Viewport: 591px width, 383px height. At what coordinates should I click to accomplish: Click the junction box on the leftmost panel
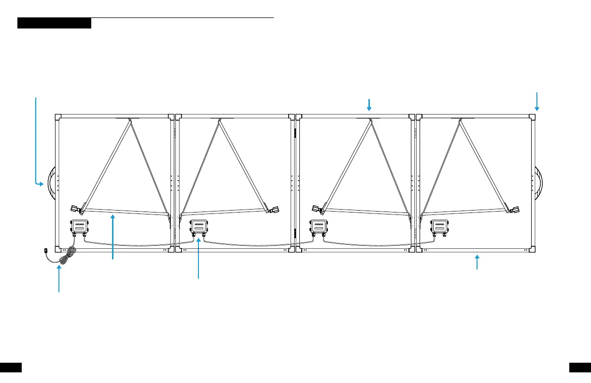79,226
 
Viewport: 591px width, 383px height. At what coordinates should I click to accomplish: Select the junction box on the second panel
198,226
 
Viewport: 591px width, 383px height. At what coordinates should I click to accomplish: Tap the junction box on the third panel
319,226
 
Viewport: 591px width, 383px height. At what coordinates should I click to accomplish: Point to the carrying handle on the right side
538,184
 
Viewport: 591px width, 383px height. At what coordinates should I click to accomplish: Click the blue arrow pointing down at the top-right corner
536,101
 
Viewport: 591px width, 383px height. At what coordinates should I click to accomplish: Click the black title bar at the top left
54,23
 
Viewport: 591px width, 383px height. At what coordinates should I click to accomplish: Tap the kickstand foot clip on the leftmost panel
76,209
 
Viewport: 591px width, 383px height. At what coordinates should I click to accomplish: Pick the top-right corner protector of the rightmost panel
532,116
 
